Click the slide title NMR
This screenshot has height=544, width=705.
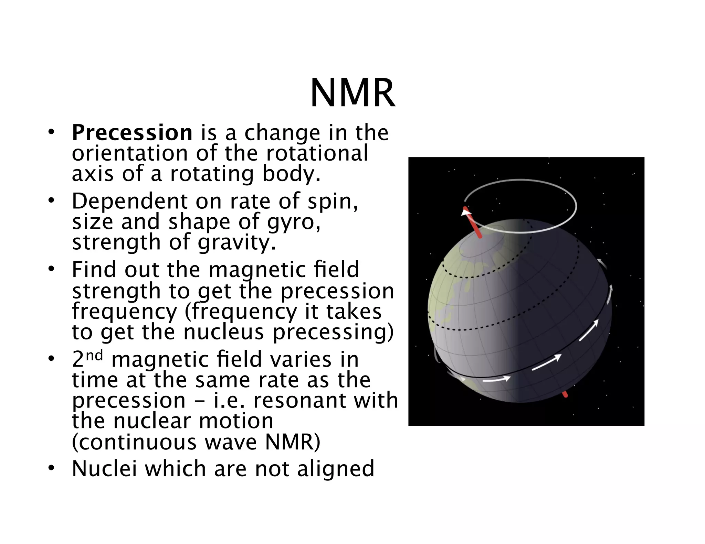(352, 94)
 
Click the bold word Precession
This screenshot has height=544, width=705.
(132, 133)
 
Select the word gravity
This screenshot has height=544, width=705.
(236, 243)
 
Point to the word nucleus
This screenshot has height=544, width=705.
(224, 332)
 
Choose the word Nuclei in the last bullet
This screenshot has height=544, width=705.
(104, 469)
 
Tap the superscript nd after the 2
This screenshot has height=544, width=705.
(94, 355)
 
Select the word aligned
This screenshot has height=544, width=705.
(336, 469)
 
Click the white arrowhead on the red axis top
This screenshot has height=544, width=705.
(466, 212)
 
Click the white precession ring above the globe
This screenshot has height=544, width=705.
(520, 180)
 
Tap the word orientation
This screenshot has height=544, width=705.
(130, 153)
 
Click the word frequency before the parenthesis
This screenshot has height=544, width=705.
(124, 312)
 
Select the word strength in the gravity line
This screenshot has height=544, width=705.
(116, 243)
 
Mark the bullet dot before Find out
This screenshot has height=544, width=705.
(51, 269)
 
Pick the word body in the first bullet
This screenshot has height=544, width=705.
(291, 174)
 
